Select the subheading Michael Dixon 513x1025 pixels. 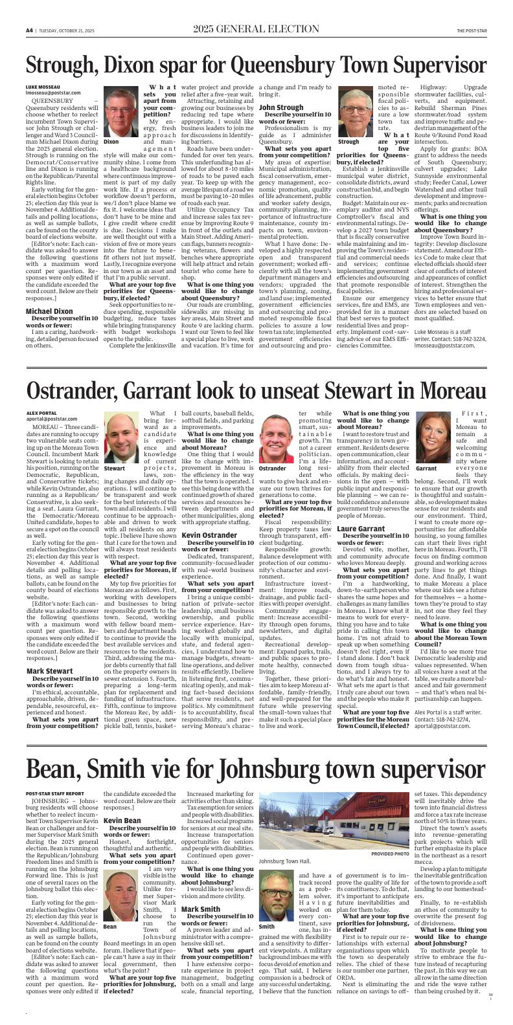pyautogui.click(x=49, y=311)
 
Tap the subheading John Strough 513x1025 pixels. pyautogui.click(x=281, y=107)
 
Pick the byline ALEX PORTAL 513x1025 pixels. pyautogui.click(x=41, y=413)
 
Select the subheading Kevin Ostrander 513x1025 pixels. pyautogui.click(x=209, y=535)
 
